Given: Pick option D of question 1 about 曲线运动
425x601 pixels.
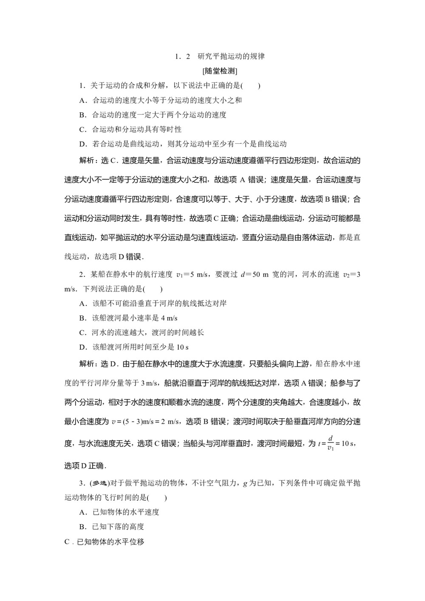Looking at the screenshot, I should tap(183, 144).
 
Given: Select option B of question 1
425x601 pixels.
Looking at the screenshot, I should tap(153, 115).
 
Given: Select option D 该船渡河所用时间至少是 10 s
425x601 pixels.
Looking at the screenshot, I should tap(134, 347).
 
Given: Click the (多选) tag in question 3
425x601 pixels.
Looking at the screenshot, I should tap(99, 483).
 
